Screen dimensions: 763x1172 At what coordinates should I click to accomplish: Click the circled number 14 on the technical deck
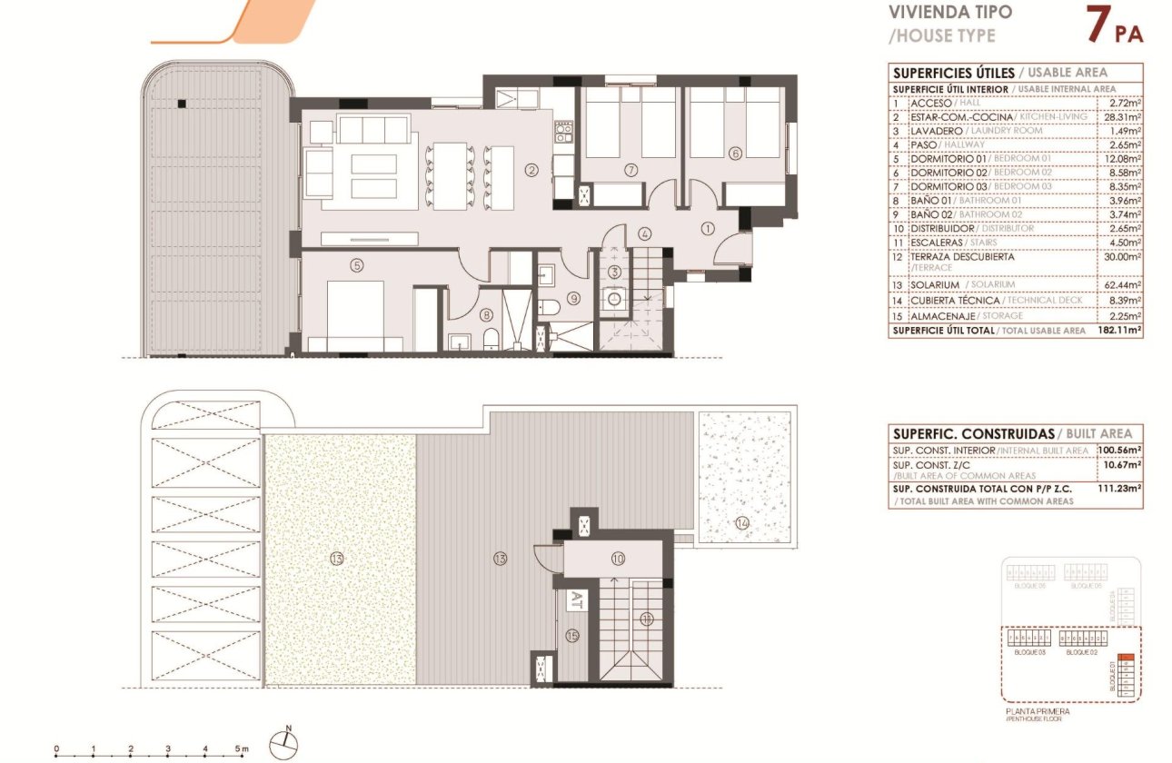click(x=742, y=522)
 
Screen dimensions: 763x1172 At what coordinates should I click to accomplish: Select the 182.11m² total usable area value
click(x=1121, y=331)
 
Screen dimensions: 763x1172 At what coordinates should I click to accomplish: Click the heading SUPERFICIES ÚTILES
click(x=950, y=73)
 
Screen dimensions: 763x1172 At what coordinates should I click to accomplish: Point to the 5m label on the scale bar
click(x=243, y=749)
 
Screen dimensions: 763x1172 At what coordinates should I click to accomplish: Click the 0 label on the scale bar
click(x=56, y=749)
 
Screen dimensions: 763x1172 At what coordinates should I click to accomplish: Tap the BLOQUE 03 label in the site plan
click(x=1028, y=652)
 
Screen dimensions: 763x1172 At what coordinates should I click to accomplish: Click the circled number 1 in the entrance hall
click(x=709, y=227)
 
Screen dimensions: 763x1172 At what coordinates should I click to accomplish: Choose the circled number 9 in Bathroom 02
click(x=573, y=297)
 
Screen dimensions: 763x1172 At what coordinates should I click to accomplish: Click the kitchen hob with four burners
click(x=563, y=133)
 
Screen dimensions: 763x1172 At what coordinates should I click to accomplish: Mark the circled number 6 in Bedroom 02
click(x=735, y=153)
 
